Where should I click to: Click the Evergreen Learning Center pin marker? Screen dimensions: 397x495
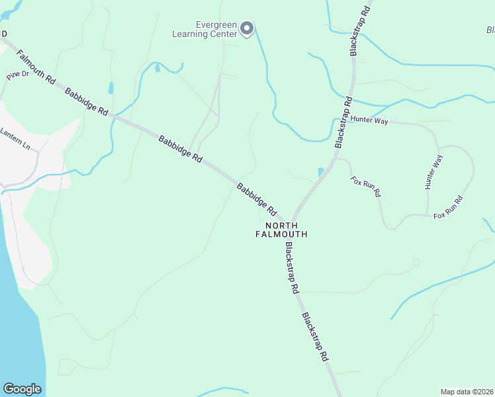tap(247, 28)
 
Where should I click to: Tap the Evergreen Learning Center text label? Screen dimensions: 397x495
tap(204, 28)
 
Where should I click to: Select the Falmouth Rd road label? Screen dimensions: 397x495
tap(36, 67)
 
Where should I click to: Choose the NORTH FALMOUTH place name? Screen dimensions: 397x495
tap(282, 230)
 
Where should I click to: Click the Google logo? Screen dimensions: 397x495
tap(22, 389)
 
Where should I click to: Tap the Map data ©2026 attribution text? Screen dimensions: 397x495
tap(467, 391)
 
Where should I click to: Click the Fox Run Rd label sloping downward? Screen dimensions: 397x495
tap(366, 186)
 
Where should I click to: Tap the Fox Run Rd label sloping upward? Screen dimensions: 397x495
tap(448, 208)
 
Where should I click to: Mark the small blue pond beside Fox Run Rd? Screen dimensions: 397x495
tap(321, 171)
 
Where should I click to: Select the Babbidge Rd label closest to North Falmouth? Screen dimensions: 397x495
tap(257, 199)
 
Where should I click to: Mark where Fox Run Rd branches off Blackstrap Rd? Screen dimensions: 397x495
tap(335, 159)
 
